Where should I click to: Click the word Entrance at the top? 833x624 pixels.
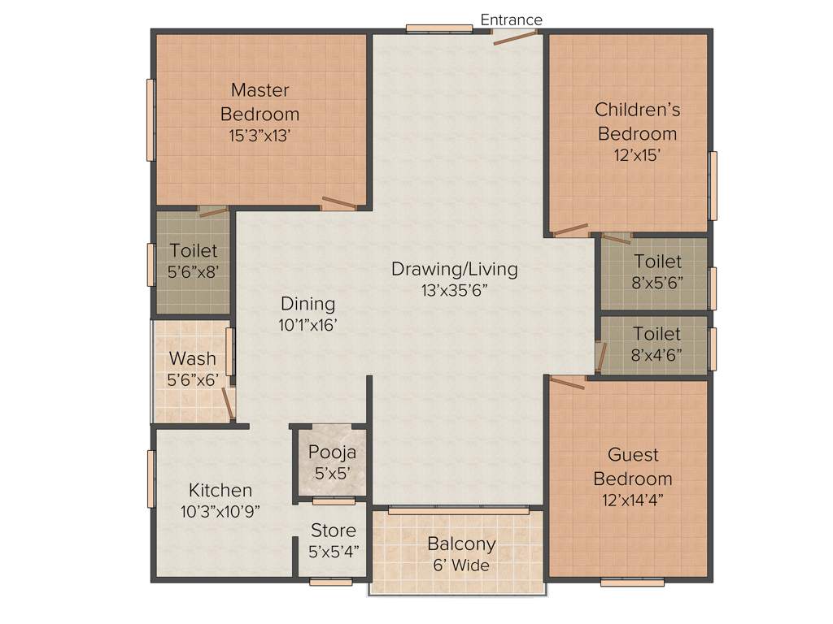(511, 19)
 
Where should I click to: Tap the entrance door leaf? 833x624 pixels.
(515, 36)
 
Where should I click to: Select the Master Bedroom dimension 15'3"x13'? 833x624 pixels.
(259, 136)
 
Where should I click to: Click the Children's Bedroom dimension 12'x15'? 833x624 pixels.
(637, 155)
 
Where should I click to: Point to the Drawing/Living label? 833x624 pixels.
(454, 269)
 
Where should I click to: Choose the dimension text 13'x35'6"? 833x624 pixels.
(454, 290)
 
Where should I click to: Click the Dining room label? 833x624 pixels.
(307, 304)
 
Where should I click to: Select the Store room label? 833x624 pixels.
(334, 531)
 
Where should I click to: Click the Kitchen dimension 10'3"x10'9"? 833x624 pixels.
(220, 511)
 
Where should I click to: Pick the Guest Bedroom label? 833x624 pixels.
(632, 466)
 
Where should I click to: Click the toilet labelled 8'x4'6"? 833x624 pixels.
(656, 344)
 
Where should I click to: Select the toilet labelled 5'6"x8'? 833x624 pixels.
(193, 261)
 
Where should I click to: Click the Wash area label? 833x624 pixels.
(193, 358)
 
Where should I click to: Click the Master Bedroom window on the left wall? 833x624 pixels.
(150, 119)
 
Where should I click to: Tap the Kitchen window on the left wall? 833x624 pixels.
(150, 479)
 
